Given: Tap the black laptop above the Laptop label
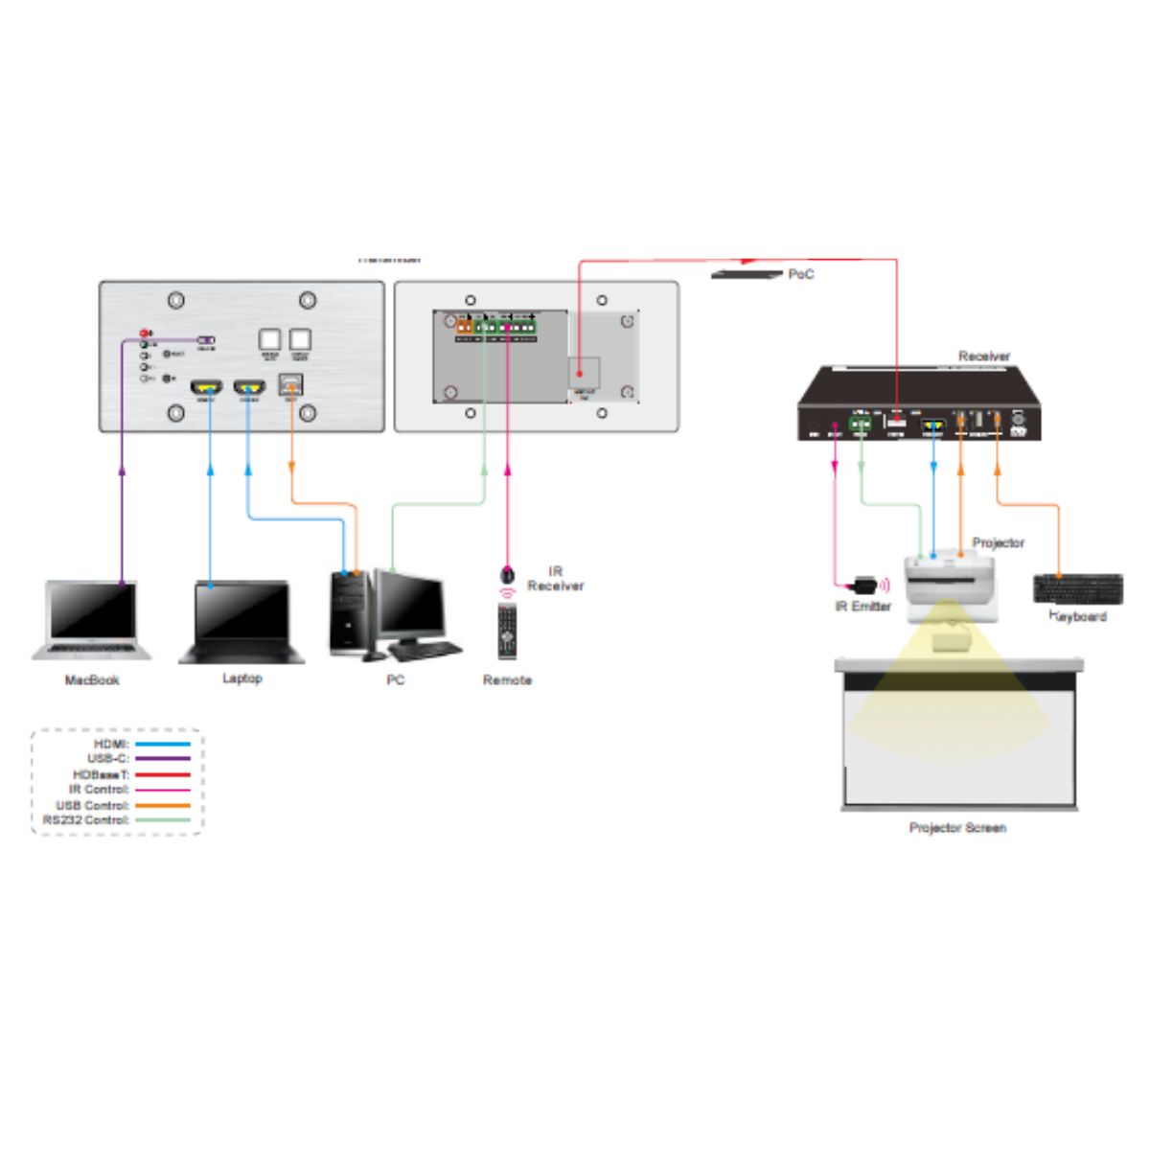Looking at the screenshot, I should [x=241, y=621].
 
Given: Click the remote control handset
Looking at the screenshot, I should [x=507, y=632].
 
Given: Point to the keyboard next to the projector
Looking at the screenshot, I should [x=1078, y=588].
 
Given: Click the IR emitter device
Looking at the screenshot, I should [x=864, y=584].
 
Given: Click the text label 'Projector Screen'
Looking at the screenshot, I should [x=957, y=827].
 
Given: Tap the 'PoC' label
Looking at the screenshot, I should [x=801, y=274].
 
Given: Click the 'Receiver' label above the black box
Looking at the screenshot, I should [x=984, y=356].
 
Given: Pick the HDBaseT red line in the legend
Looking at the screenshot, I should [x=162, y=774].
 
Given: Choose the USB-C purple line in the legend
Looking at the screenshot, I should [x=162, y=758].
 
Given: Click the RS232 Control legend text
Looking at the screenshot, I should [x=86, y=820].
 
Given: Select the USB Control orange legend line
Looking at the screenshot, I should [x=162, y=805].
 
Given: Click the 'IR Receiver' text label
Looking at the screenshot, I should [x=555, y=579].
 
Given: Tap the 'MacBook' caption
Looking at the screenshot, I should [x=92, y=680].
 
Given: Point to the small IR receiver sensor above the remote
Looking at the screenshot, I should [x=507, y=575].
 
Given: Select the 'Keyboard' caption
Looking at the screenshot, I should [x=1078, y=616].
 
